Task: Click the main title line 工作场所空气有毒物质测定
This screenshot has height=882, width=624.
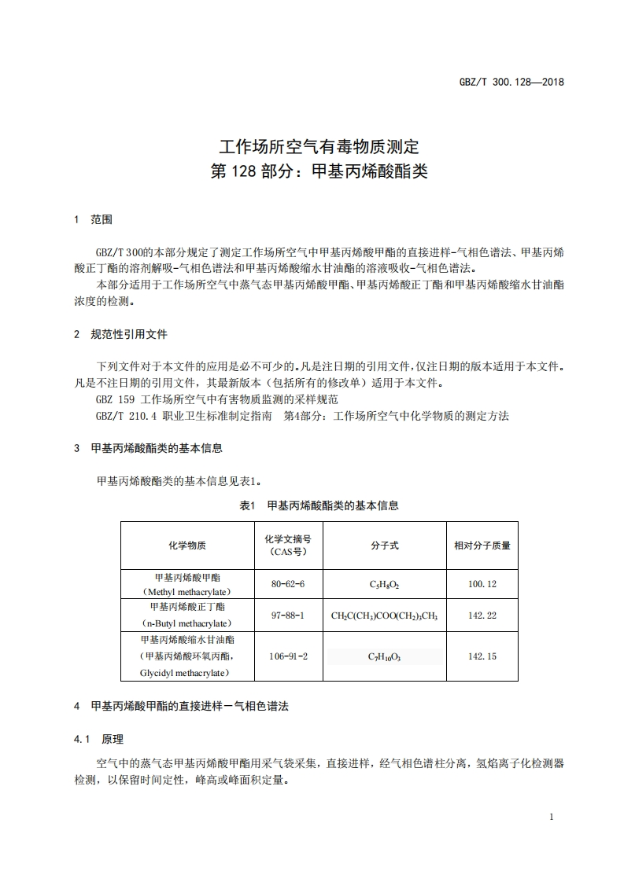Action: [x=319, y=147]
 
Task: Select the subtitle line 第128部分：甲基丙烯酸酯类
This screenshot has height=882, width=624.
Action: [x=319, y=171]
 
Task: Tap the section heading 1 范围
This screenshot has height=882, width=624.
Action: [x=93, y=219]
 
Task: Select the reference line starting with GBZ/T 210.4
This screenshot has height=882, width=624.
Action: [x=302, y=416]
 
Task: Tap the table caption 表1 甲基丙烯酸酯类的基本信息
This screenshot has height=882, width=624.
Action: [x=319, y=505]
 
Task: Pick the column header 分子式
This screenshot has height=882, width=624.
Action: [x=385, y=545]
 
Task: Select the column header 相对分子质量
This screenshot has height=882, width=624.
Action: [x=482, y=545]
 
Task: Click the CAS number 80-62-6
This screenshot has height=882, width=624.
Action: [x=287, y=584]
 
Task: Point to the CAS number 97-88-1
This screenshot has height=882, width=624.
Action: [x=287, y=615]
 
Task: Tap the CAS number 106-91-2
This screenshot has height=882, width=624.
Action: [x=287, y=656]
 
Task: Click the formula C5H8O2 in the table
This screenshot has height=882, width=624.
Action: [x=385, y=585]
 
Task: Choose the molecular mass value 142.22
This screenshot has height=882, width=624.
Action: [x=482, y=615]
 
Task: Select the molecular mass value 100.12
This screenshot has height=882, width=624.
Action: [x=482, y=584]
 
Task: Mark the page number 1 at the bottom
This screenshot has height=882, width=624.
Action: [x=552, y=817]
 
